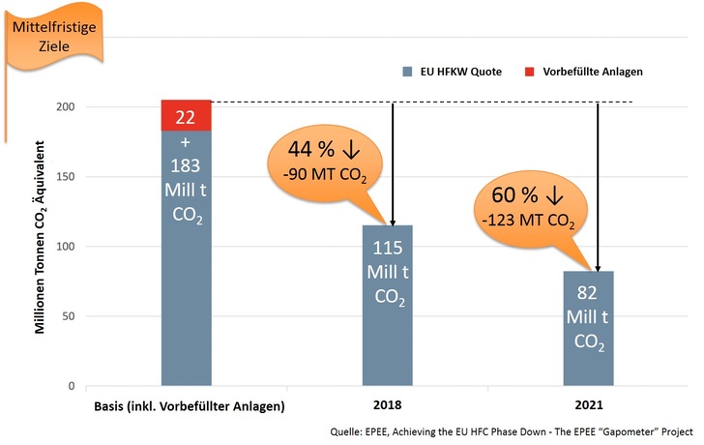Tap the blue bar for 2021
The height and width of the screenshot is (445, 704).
[x=590, y=329]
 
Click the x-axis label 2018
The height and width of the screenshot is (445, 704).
[x=387, y=406]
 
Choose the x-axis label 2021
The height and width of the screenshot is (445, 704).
[x=590, y=406]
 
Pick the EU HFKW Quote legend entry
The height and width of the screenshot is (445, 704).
[x=446, y=72]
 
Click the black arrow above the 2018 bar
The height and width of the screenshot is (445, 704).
[x=393, y=164]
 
